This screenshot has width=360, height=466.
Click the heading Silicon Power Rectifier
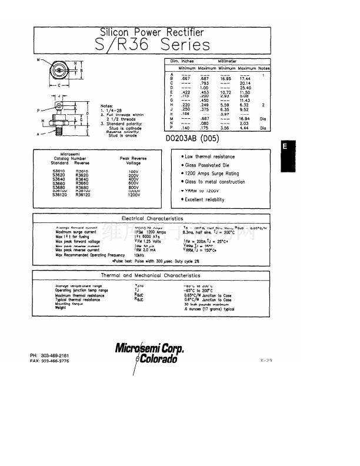pyautogui.click(x=152, y=32)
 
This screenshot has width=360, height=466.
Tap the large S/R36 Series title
pyautogui.click(x=152, y=45)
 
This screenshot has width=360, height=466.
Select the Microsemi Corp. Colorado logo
pyautogui.click(x=149, y=352)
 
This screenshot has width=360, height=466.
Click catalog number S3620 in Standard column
pyautogui.click(x=59, y=175)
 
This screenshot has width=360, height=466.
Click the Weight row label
pyautogui.click(x=61, y=308)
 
